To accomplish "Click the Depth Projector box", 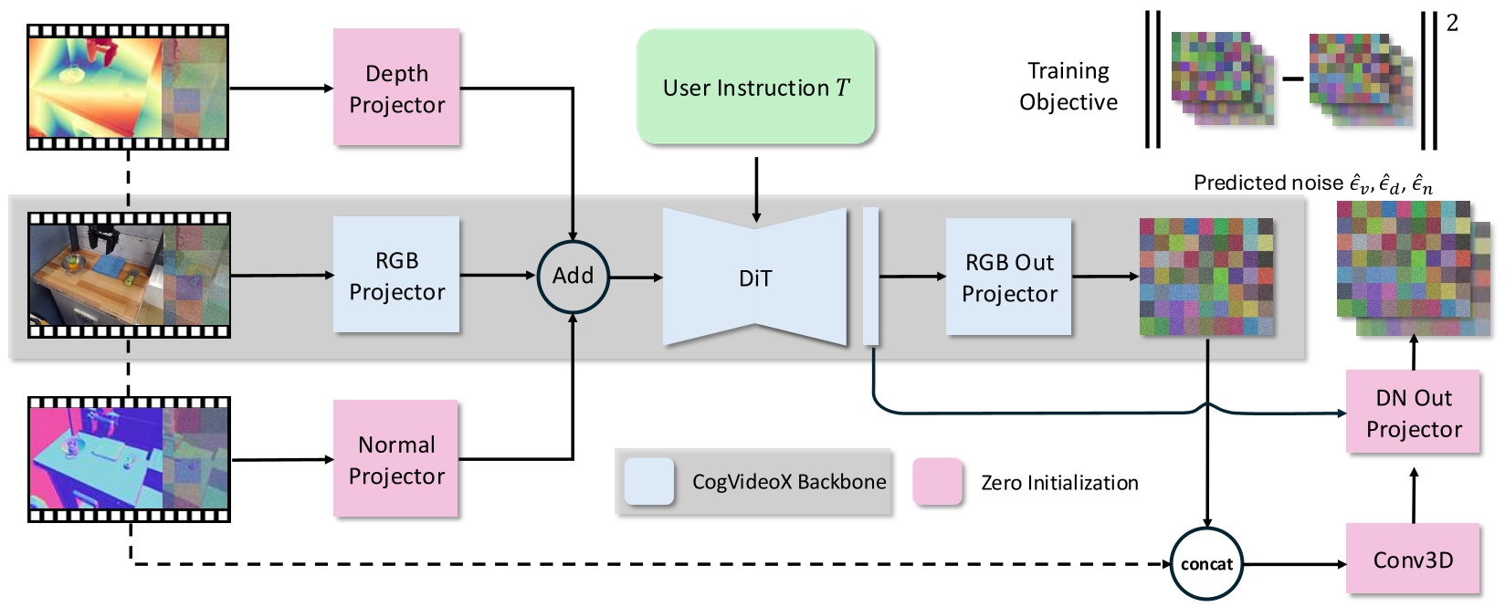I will (x=396, y=88).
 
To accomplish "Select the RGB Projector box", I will (x=396, y=275).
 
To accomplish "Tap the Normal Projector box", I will (x=396, y=459).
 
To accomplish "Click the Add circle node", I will (x=573, y=275).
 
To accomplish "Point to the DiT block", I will (x=755, y=277).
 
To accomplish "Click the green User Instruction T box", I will (x=755, y=88).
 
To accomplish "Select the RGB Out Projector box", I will (x=1008, y=277).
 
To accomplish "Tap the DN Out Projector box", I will (x=1413, y=413).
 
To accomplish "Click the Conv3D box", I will (x=1413, y=560).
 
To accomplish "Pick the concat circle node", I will (x=1206, y=564).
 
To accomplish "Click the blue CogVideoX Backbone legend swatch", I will (x=649, y=482).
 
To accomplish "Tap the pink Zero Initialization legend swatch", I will (x=938, y=482).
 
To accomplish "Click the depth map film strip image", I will (x=128, y=87).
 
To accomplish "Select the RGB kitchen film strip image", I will (x=128, y=275).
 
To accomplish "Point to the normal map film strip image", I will (x=128, y=459).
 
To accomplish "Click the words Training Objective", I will (x=1068, y=86).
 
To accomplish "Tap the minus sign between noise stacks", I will (x=1291, y=79).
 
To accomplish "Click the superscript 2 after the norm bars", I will (x=1452, y=23).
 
